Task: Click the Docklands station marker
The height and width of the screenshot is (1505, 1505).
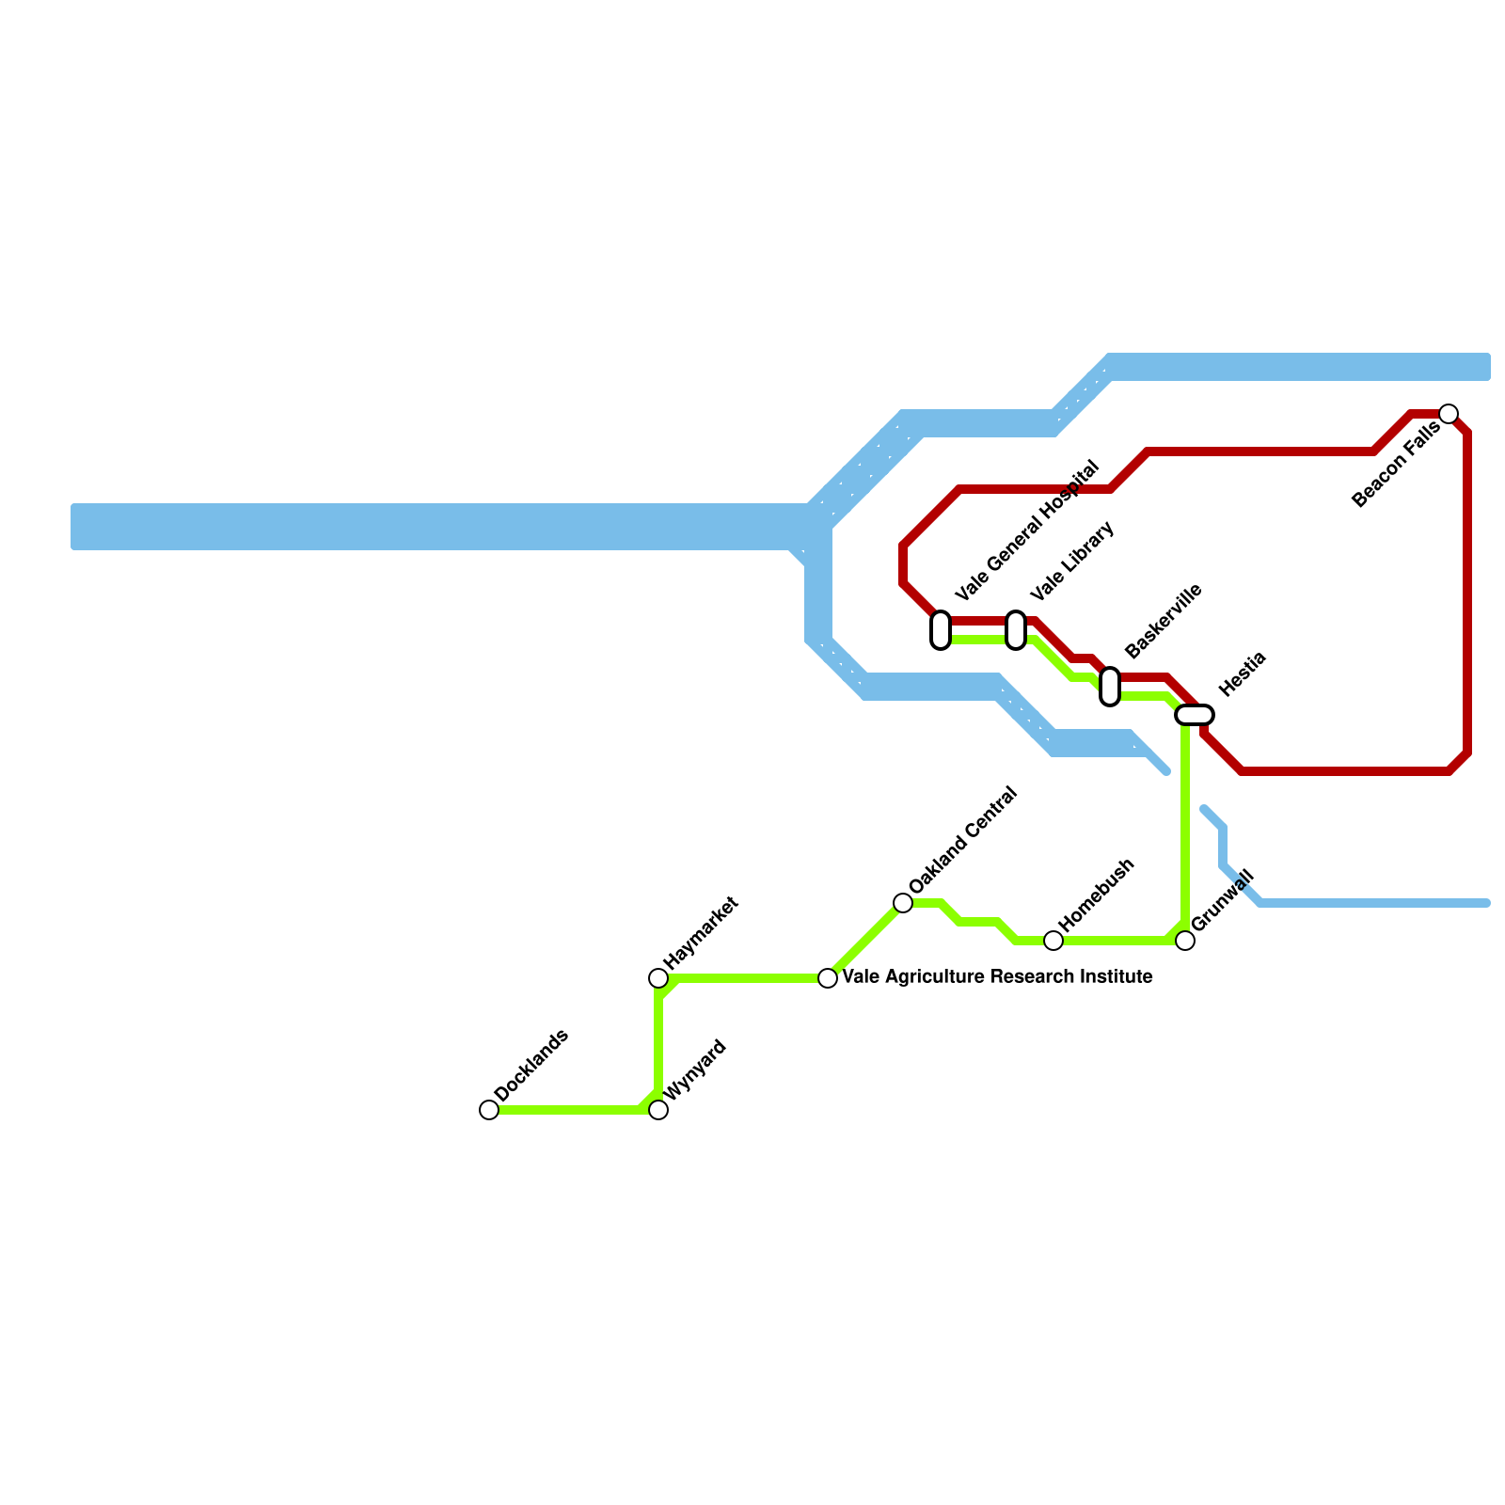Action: point(489,1110)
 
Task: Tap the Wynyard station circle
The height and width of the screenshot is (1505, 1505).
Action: point(658,1110)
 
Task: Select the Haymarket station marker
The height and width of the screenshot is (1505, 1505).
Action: point(658,978)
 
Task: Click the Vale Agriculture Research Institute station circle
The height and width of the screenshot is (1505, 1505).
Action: point(828,978)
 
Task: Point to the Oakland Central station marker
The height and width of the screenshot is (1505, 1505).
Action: point(903,903)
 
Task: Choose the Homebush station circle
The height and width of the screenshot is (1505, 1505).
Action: point(1053,941)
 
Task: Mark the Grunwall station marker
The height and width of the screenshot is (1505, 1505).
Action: point(1185,941)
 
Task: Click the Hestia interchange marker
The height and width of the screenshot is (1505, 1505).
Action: point(1195,715)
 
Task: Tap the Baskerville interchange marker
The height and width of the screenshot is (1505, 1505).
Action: point(1110,687)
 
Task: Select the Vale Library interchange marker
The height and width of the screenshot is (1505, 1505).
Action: point(1016,630)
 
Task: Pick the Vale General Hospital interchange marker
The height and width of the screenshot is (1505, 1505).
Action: point(941,630)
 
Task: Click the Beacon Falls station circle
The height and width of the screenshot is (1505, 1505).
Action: point(1449,414)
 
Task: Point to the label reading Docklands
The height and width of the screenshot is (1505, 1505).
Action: point(531,1066)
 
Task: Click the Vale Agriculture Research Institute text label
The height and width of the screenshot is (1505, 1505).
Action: point(998,977)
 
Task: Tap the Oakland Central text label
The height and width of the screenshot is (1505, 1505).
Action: point(963,840)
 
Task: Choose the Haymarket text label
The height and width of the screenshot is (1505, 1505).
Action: point(701,932)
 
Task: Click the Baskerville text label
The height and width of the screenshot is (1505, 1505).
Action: point(1163,621)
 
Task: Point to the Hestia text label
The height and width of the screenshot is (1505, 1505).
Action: point(1243,673)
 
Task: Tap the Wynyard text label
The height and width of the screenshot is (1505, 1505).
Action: point(695,1069)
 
